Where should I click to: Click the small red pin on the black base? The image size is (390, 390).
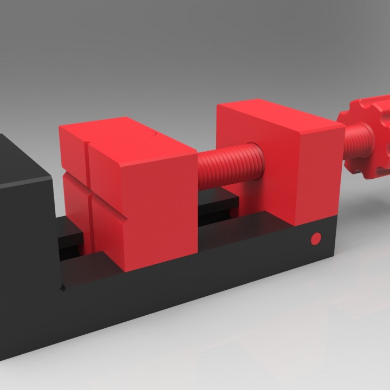tap(316, 238)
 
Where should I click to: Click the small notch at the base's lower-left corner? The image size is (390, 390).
tap(63, 287)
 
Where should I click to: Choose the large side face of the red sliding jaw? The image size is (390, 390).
tap(162, 211)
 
